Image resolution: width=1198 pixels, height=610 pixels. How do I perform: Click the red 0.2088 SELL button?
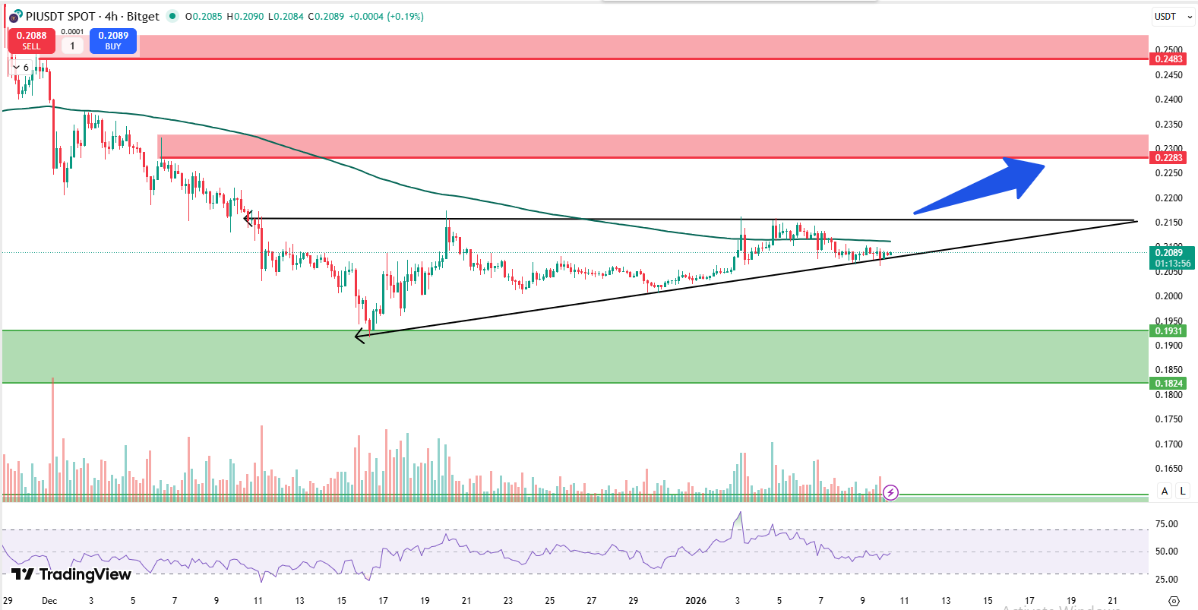point(31,41)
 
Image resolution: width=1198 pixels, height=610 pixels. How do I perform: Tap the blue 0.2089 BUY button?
point(113,41)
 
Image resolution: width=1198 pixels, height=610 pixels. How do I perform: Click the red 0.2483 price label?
point(1168,59)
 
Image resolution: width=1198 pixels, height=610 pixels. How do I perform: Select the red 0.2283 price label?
point(1168,158)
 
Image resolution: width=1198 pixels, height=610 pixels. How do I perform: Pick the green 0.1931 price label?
point(1168,331)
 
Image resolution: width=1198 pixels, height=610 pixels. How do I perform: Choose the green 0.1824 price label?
point(1168,384)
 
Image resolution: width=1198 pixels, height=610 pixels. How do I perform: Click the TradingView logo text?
point(72,574)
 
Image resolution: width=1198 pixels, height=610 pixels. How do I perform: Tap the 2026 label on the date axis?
point(695,601)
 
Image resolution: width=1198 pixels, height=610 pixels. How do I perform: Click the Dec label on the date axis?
point(49,601)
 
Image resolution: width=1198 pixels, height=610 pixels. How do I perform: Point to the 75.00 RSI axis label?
point(1166,524)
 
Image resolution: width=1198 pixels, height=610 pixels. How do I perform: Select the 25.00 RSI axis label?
point(1166,580)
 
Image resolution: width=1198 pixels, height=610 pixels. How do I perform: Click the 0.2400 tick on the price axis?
point(1168,100)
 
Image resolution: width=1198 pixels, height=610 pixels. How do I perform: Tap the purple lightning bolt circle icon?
point(890,493)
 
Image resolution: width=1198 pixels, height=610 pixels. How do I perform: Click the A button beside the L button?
point(1165,491)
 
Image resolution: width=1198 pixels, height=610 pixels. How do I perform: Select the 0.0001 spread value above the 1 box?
point(72,32)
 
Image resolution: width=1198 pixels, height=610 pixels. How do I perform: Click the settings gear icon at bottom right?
point(1174,601)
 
